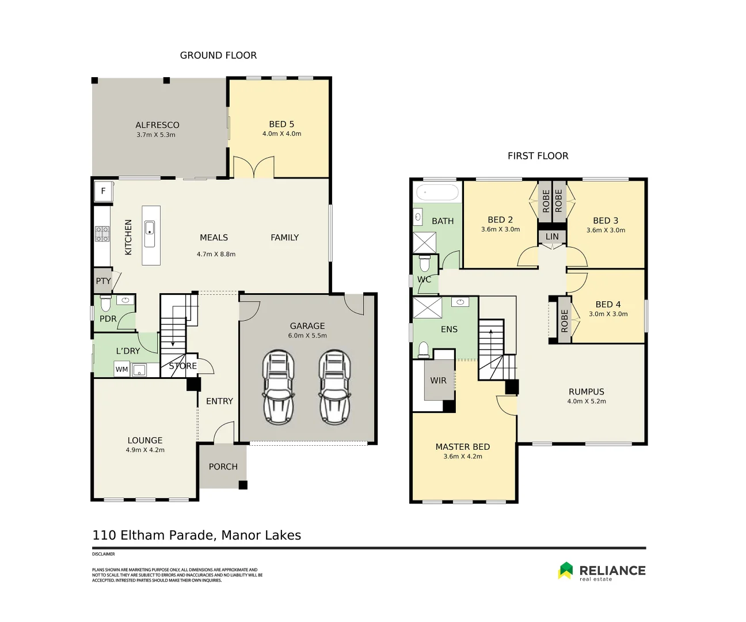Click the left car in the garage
pos(278,386)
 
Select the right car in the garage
pos(334,386)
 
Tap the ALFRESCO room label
pos(157,125)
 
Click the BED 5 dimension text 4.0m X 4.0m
pos(281,134)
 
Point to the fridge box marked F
pos(104,191)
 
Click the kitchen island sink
pos(150,227)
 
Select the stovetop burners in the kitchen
pos(102,233)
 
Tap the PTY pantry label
pos(103,281)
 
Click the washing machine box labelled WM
pos(121,370)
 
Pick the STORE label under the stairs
pos(182,366)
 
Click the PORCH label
pos(223,466)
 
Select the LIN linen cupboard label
pos(552,236)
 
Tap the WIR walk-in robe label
pos(438,380)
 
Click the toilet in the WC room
pos(425,264)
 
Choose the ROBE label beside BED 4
pos(564,321)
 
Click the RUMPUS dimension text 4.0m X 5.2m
pos(587,401)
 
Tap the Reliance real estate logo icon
pos(565,570)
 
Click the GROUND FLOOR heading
pos(218,55)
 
